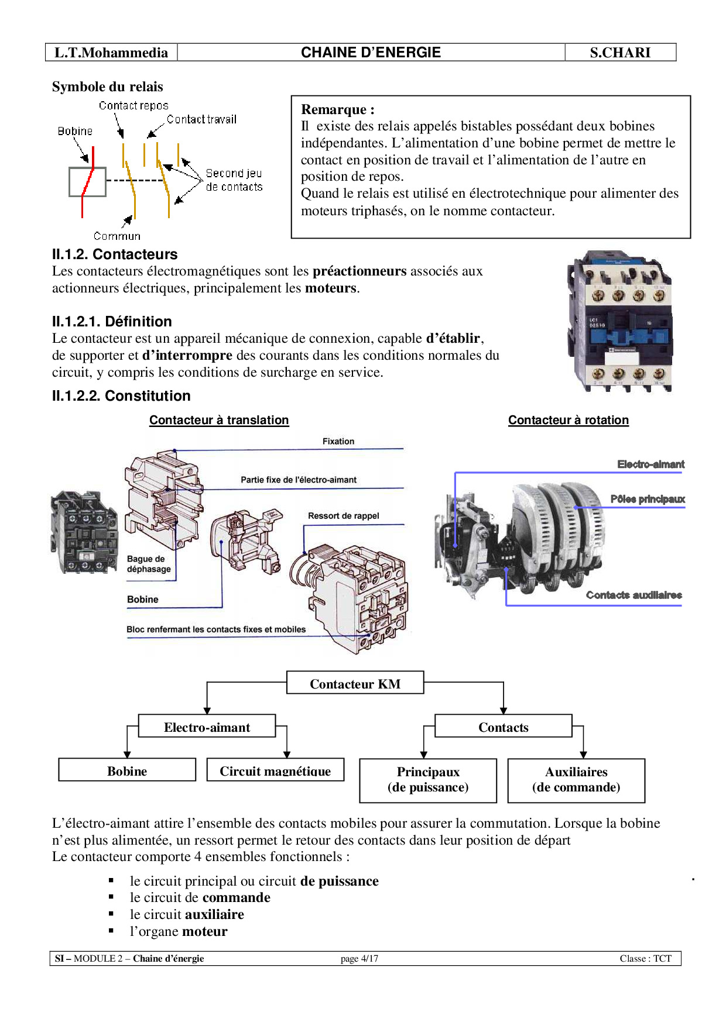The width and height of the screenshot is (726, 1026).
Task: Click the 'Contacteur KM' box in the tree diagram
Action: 355,683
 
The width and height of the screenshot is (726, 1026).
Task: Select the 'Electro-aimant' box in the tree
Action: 207,727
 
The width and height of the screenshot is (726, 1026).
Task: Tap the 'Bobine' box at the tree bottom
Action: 127,770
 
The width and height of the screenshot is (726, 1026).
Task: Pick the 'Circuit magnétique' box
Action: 275,770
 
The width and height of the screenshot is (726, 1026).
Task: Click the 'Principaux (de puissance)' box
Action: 428,780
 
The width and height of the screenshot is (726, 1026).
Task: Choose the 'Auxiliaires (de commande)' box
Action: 576,780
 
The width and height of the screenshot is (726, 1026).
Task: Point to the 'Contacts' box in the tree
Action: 503,727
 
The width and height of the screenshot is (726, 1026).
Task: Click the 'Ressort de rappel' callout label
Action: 344,516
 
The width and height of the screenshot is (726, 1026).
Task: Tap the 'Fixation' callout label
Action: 338,442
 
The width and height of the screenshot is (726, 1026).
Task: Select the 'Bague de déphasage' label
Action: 149,564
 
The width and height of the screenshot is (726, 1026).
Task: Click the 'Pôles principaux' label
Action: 648,499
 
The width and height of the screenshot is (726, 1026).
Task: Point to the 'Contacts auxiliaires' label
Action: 634,595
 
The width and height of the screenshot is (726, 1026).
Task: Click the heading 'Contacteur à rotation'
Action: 569,420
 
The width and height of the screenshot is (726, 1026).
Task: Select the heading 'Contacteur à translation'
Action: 219,420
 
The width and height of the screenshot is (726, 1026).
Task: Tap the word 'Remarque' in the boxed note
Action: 334,109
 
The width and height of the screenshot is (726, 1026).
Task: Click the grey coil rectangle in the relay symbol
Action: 87,182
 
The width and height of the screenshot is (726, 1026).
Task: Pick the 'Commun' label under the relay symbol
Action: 117,236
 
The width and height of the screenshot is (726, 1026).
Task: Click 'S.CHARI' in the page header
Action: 620,53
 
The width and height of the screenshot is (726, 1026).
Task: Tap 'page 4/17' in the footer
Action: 359,959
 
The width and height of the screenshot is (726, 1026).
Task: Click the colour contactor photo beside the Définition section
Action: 620,322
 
